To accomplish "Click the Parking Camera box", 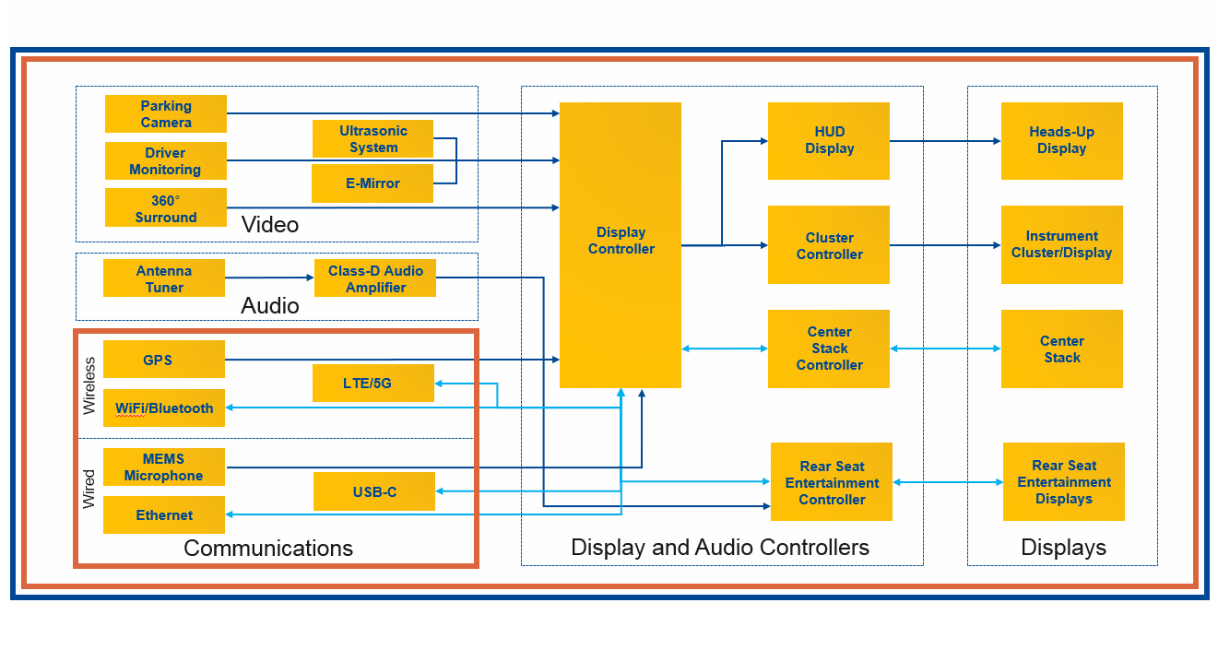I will (166, 113).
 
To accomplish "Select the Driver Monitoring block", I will (166, 160).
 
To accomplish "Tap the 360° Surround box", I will (166, 207).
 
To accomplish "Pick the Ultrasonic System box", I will (373, 138).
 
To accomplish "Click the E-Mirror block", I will (372, 183).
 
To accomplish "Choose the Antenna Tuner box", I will (164, 278).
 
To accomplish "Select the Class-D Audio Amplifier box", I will (375, 278).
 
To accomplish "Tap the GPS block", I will (164, 360).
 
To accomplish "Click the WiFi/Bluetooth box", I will (164, 408).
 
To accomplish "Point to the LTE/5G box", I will (373, 383).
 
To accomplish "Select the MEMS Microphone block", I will (164, 467).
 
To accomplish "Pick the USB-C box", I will (374, 491).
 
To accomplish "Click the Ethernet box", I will (164, 515).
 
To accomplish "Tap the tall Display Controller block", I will (621, 244).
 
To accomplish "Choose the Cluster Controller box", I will (829, 245).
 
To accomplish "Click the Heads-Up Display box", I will (1061, 140).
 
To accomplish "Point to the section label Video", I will (269, 224).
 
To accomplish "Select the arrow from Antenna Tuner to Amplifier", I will (269, 278).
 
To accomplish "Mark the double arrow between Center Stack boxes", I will (945, 349).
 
